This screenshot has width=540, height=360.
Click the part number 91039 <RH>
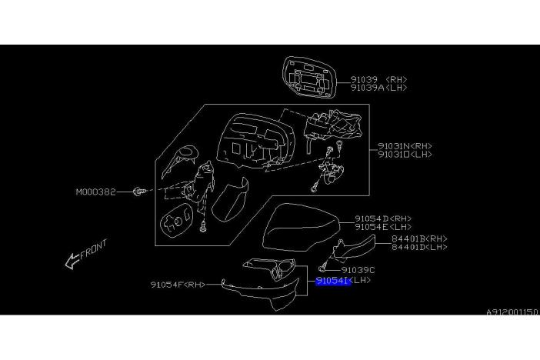coord(378,79)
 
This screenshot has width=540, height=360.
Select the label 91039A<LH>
coord(378,88)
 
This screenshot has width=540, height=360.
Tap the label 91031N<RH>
coord(405,146)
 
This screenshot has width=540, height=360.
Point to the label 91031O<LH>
coord(405,155)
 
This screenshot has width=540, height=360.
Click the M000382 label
coord(95,192)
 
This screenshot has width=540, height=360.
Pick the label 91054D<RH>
coord(383,218)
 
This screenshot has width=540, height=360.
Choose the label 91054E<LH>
coord(383,227)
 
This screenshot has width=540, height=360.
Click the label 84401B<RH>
coord(419,238)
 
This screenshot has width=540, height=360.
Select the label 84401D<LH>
coord(419,247)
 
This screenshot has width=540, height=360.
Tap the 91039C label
coord(358,270)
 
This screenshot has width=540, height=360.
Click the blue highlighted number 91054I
coord(333,281)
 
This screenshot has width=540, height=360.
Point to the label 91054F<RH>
coord(178,285)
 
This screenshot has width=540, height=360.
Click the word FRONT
coord(93,249)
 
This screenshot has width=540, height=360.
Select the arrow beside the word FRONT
coord(72,261)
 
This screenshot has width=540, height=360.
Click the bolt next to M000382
coord(139,192)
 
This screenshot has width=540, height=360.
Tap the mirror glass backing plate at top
coord(309,77)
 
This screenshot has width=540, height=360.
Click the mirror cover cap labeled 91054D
coord(301,228)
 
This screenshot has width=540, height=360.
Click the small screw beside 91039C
coord(322,268)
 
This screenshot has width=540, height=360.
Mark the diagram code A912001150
coord(512,312)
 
